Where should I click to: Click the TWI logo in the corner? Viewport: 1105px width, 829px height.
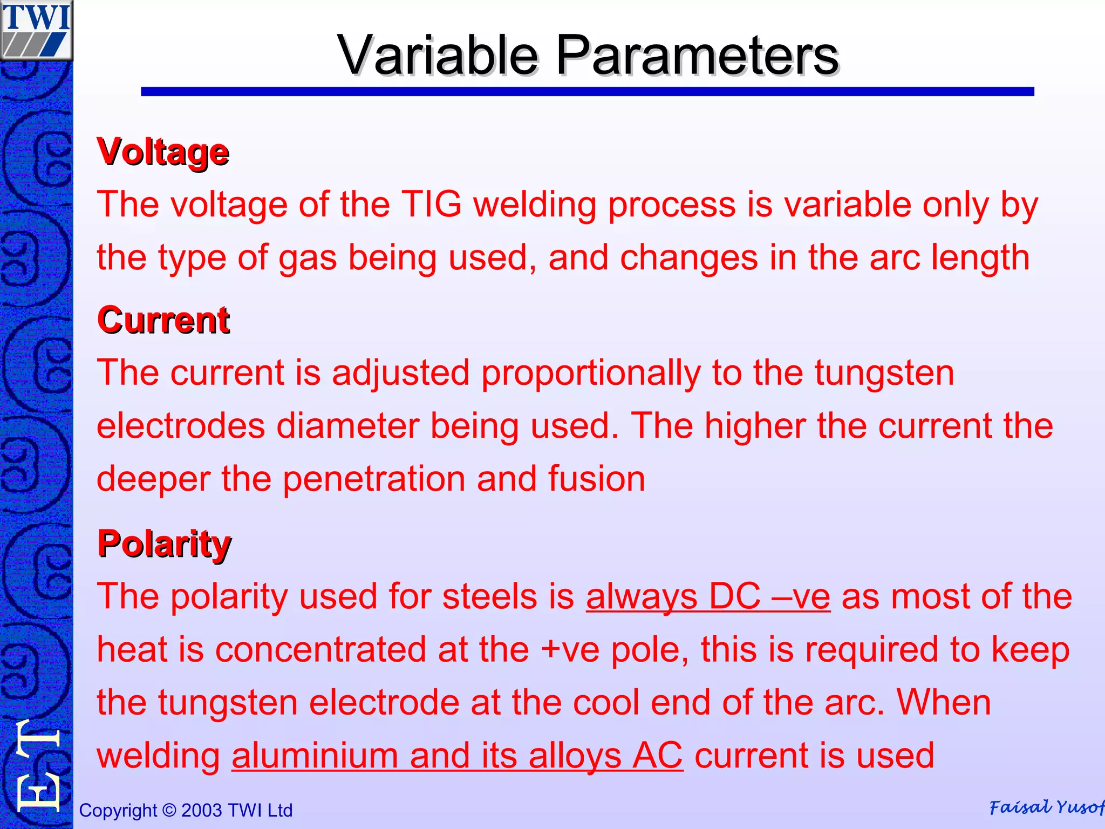coord(36,30)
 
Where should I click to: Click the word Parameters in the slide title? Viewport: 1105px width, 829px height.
coord(697,55)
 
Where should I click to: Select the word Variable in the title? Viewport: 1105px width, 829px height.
coord(438,55)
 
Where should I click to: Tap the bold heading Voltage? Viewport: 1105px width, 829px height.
coord(163,152)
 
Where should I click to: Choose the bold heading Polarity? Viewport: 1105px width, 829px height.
coord(164,543)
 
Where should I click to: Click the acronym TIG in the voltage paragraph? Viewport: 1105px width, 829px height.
coord(432,205)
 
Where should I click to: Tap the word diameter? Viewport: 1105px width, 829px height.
coord(347,426)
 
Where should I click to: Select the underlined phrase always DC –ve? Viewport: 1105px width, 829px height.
coord(708,596)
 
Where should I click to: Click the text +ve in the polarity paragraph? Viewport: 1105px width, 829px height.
coord(570,649)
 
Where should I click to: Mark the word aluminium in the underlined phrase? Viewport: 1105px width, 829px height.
coord(315,755)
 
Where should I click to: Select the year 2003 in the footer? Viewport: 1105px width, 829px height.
coord(202,810)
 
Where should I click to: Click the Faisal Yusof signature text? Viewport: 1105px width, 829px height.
coord(1046,807)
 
